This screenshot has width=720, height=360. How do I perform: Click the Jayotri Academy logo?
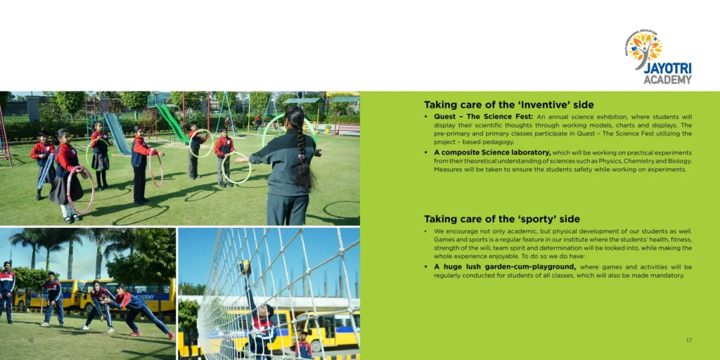(658, 57)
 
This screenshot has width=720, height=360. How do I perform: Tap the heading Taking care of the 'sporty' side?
(501, 219)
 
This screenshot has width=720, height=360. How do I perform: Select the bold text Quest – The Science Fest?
(483, 117)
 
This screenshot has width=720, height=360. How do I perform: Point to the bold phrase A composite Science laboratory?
(491, 153)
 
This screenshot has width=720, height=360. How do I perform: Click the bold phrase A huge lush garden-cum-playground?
(505, 266)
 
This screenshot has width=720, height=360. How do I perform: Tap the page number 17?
(689, 340)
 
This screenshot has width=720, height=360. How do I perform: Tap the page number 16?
(31, 340)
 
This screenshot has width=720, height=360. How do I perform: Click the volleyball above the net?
(244, 266)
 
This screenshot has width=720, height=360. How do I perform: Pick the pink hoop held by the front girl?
(80, 190)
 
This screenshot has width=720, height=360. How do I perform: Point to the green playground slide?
(173, 123)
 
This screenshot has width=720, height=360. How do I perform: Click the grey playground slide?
(117, 133)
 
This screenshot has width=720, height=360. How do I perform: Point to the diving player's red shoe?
(172, 336)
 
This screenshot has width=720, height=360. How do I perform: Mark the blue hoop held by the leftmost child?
(45, 171)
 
